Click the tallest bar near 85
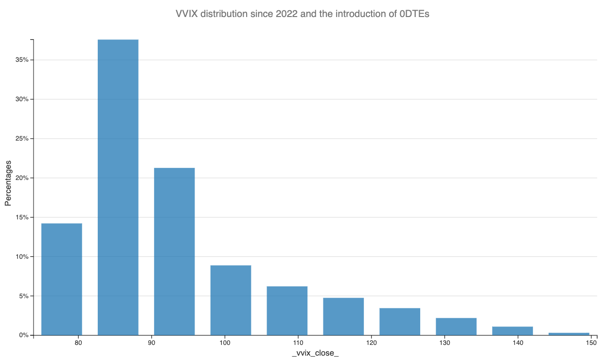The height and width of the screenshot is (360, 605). [118, 187]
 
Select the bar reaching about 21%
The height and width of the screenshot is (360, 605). [174, 252]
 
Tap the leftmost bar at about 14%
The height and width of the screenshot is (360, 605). [61, 279]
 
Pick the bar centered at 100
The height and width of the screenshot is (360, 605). [231, 300]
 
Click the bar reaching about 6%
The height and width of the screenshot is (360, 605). [287, 310]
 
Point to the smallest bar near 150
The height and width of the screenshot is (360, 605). [569, 334]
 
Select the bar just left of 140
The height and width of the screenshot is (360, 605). [512, 331]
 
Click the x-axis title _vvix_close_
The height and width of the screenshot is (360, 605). [315, 353]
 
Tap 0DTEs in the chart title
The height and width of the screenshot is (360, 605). [413, 14]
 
